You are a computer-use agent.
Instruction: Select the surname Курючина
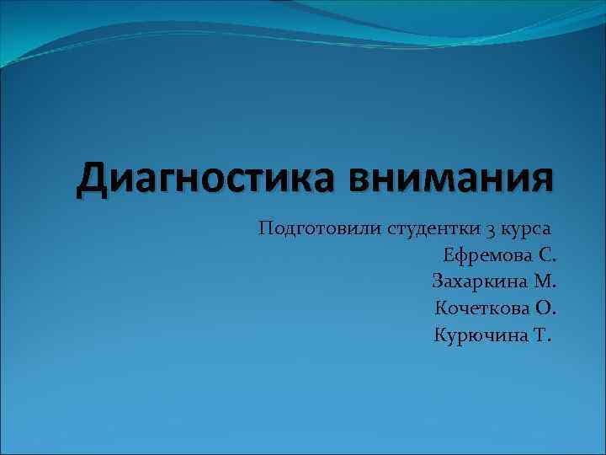click(479, 336)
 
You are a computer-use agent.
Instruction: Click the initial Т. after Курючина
click(543, 336)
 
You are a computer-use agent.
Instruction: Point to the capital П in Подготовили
click(267, 227)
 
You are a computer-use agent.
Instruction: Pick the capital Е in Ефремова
click(448, 255)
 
